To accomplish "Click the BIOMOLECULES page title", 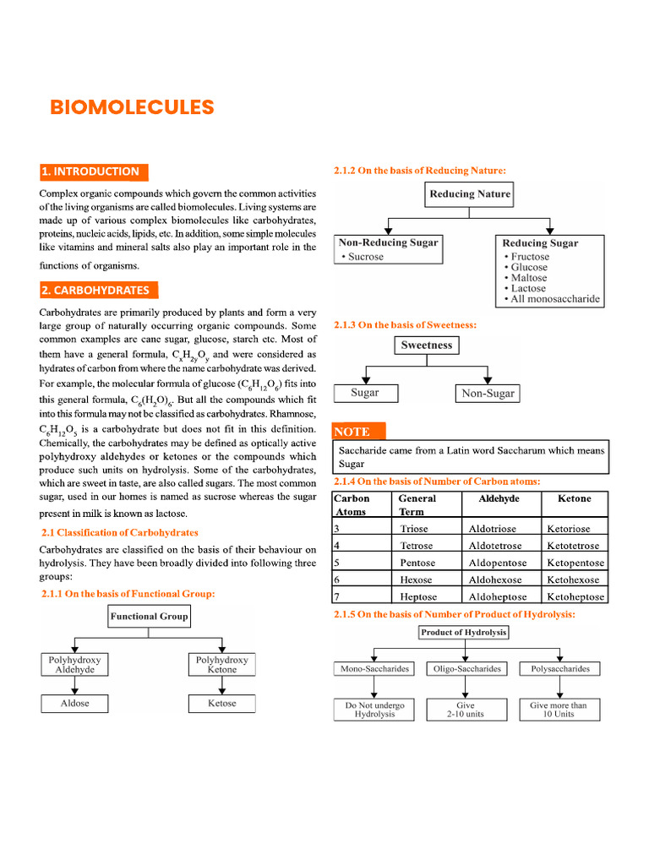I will click(132, 107).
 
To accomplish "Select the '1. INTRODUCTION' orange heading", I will click(93, 171).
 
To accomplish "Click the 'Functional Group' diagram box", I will click(149, 617).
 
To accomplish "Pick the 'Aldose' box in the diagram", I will click(75, 704).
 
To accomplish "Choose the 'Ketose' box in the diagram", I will click(222, 704).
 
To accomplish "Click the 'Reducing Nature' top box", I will click(470, 194).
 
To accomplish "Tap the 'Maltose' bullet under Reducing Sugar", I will click(528, 278).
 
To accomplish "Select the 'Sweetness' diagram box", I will click(427, 345).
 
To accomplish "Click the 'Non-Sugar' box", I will click(488, 394).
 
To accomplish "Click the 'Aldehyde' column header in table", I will click(499, 499).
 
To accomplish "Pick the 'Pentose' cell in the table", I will click(417, 563).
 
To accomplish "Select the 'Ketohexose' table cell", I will click(575, 579).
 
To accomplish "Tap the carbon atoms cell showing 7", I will click(337, 596).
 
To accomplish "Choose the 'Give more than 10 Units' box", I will click(559, 710).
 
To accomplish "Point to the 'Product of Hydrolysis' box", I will click(464, 632).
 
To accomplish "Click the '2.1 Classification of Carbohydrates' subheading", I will click(120, 533).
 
